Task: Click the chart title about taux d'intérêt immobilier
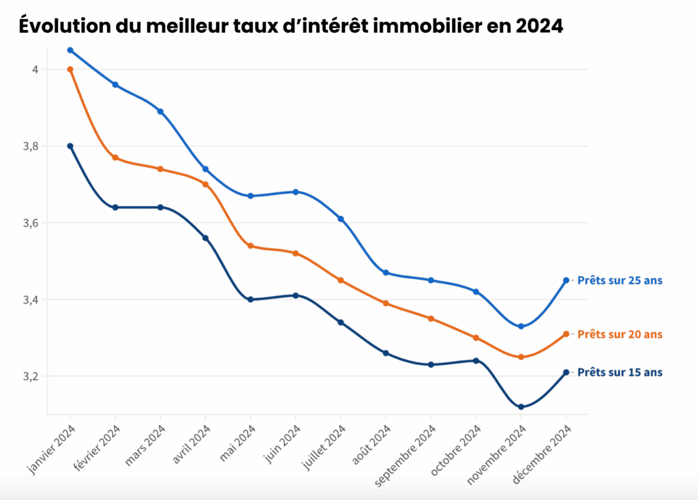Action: click(x=291, y=26)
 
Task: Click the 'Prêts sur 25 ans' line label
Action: click(x=620, y=280)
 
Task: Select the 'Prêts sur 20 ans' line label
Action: click(x=620, y=334)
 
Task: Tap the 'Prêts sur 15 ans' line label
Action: click(x=620, y=372)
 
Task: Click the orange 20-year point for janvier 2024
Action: click(x=70, y=69)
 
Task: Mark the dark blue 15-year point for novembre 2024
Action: click(x=521, y=407)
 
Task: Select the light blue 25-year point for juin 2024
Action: click(x=296, y=192)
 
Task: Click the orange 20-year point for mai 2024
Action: click(x=250, y=246)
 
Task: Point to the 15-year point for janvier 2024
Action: click(x=70, y=146)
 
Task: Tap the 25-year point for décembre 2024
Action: click(x=566, y=280)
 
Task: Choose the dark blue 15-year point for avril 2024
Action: click(x=205, y=238)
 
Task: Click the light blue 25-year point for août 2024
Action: click(x=386, y=273)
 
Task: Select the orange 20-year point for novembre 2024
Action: click(x=521, y=357)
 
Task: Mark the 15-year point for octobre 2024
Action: click(x=476, y=361)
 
